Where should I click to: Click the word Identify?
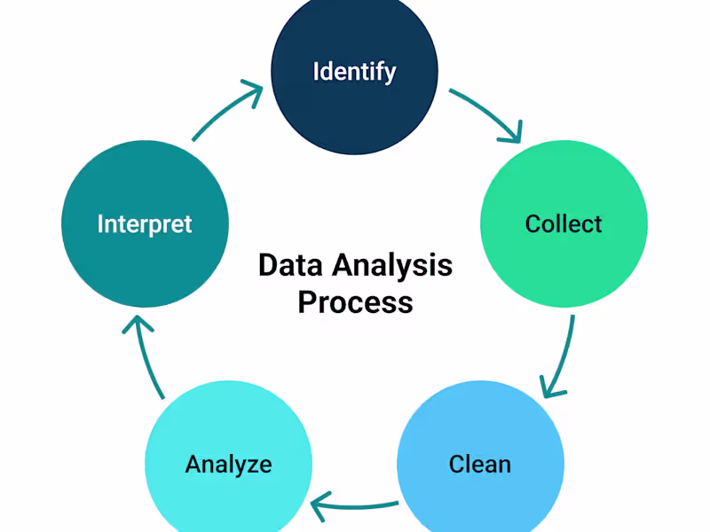pyautogui.click(x=354, y=71)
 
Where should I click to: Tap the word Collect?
pyautogui.click(x=564, y=223)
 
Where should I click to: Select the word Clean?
pyautogui.click(x=480, y=464)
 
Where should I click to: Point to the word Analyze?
pyautogui.click(x=228, y=464)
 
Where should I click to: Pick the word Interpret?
pyautogui.click(x=145, y=223)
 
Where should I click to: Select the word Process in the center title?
pyautogui.click(x=355, y=302)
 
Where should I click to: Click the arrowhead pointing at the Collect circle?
pyautogui.click(x=513, y=135)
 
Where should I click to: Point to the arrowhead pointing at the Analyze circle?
pyautogui.click(x=319, y=507)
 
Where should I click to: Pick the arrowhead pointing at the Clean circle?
pyautogui.click(x=551, y=388)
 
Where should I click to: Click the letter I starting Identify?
pyautogui.click(x=317, y=71)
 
